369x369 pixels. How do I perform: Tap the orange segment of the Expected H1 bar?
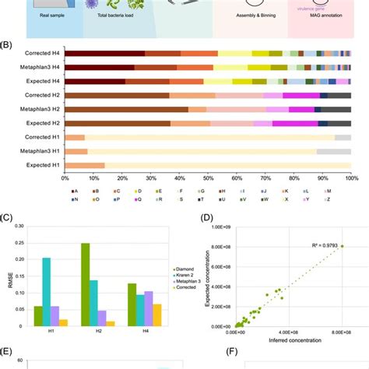pyautogui.click(x=85, y=165)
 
